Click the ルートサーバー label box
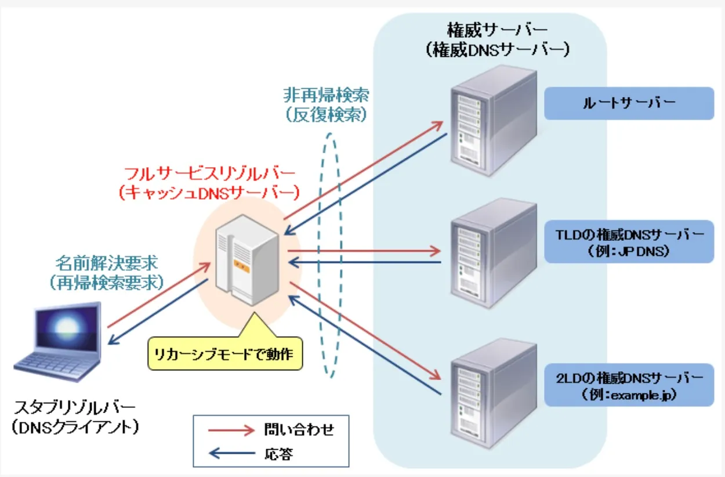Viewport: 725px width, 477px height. coord(629,103)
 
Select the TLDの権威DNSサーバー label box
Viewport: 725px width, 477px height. coord(629,241)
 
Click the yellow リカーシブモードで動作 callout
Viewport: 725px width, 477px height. coord(226,353)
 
